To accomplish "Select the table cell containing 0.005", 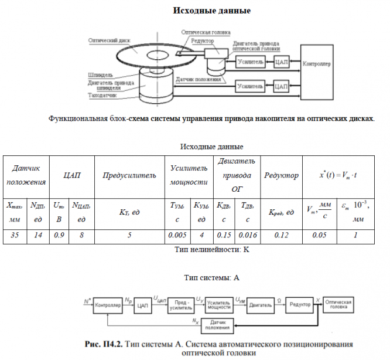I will pyautogui.click(x=176, y=235).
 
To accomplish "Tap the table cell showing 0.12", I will pyautogui.click(x=280, y=235).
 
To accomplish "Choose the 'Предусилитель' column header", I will pyautogui.click(x=129, y=175).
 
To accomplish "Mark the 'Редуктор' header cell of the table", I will pyautogui.click(x=281, y=175).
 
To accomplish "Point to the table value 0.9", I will pyautogui.click(x=59, y=235).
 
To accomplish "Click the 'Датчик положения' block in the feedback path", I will pyautogui.click(x=217, y=324).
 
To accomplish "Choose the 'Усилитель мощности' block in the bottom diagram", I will pyautogui.click(x=220, y=305).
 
